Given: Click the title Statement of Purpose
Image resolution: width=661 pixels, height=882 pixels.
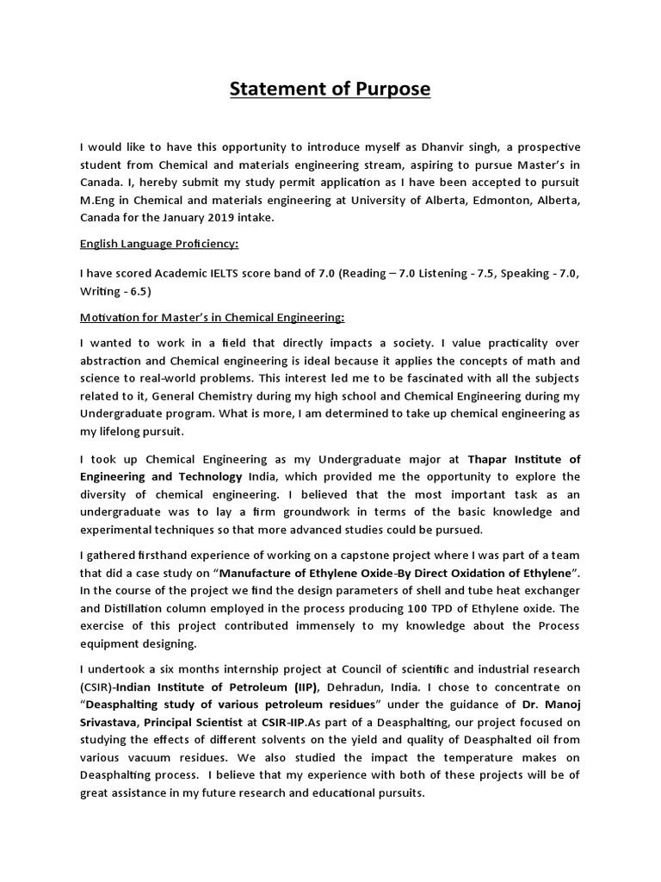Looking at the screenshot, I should (x=330, y=90).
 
